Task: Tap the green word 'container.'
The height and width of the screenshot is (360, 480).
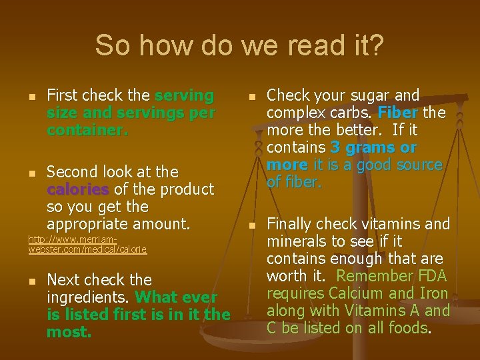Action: tap(87, 131)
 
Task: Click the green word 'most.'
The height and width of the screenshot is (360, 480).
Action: tap(69, 332)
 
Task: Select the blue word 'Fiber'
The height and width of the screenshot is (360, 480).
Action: tap(398, 113)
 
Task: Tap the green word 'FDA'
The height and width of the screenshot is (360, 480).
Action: tap(432, 275)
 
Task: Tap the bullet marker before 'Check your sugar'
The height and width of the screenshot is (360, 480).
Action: tap(251, 97)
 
